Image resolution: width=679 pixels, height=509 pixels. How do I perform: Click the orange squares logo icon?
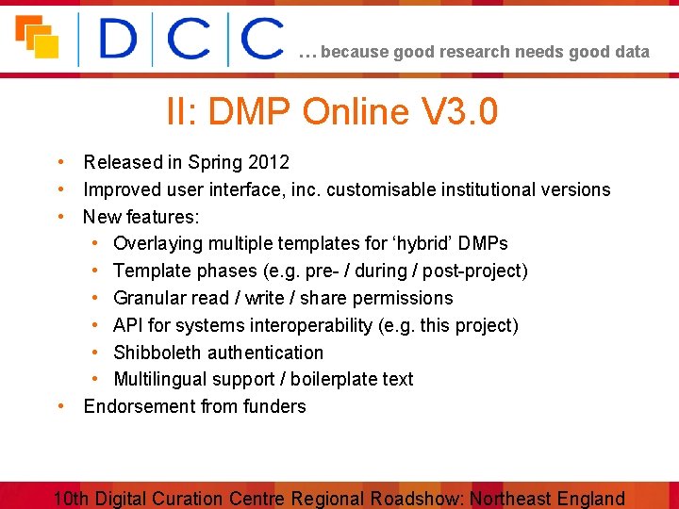click(37, 37)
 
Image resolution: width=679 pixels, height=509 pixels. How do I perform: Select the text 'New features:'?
click(141, 218)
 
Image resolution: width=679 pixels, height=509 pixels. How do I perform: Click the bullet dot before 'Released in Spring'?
click(59, 162)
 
